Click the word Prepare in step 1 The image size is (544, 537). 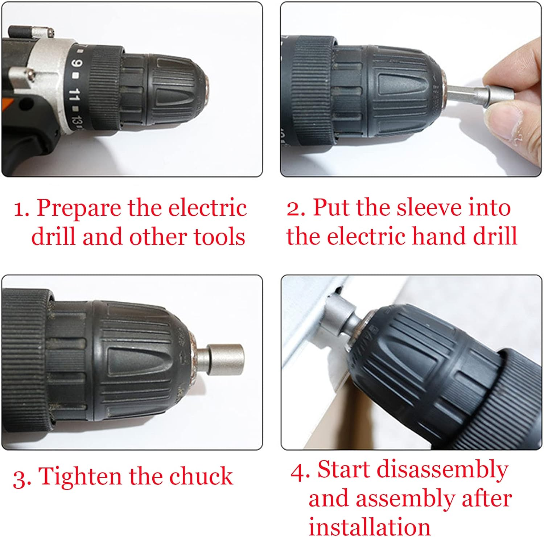(x=79, y=208)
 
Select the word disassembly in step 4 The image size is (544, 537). (x=443, y=470)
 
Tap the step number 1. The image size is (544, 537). (x=21, y=210)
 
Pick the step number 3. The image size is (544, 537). (x=21, y=478)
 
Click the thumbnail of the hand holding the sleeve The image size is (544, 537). (x=411, y=89)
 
